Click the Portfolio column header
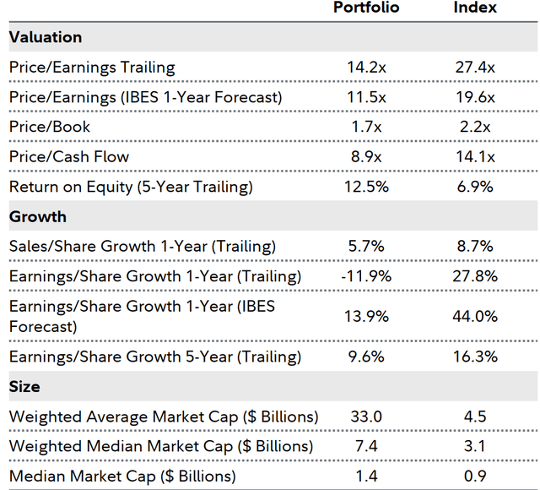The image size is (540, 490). [366, 8]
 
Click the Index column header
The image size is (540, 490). [476, 8]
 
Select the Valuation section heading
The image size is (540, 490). [46, 38]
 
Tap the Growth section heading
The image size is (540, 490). [38, 217]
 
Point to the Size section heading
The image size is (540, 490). [24, 386]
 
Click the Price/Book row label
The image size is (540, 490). [50, 127]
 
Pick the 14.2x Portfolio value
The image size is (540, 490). [367, 68]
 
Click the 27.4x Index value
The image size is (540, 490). [476, 68]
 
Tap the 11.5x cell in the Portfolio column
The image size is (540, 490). [367, 97]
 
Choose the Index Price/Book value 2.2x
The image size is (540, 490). [476, 127]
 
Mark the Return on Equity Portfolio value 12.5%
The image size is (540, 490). [367, 187]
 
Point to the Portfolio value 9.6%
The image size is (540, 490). [367, 357]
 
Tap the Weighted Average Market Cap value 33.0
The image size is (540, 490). [367, 416]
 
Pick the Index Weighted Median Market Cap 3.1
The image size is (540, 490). [476, 446]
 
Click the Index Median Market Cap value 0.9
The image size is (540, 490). [476, 476]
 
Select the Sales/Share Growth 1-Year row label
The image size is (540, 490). [143, 247]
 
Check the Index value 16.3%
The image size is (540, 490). [476, 357]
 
